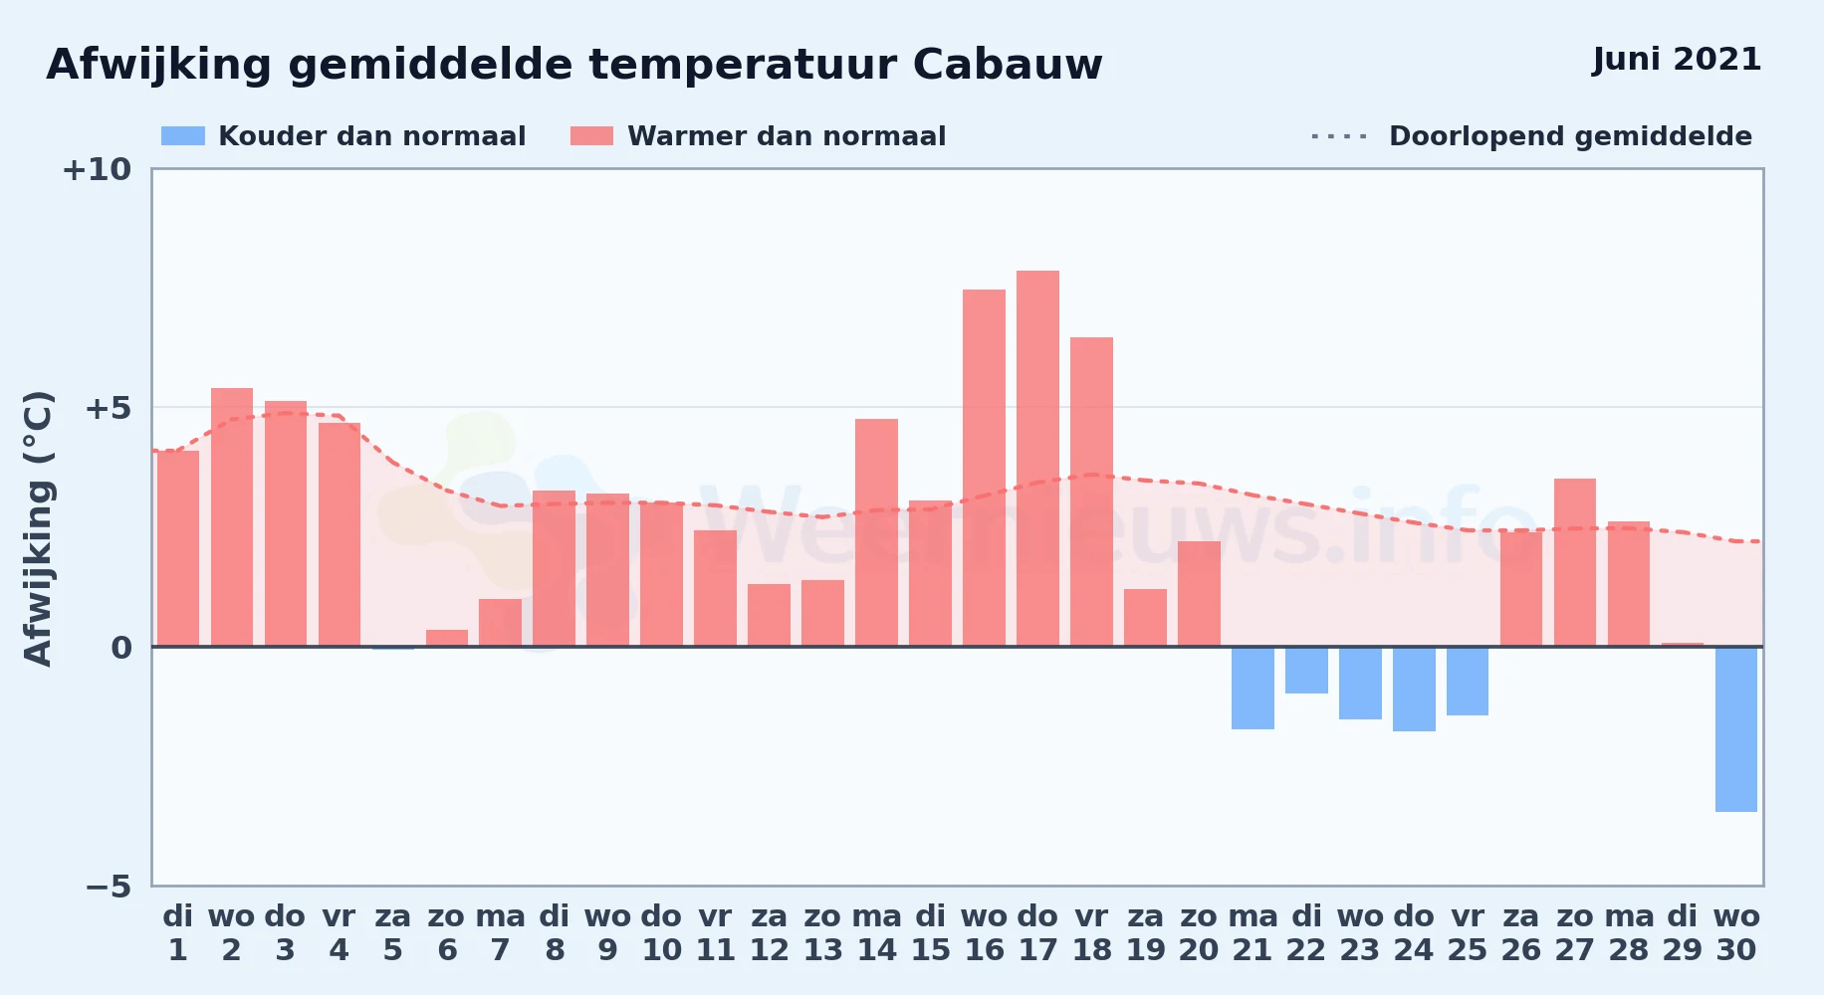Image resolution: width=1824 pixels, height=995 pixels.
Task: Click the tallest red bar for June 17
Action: pyautogui.click(x=1037, y=459)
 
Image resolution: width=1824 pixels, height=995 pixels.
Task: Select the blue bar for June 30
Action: pyautogui.click(x=1736, y=729)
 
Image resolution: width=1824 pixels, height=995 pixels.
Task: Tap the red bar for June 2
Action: pyautogui.click(x=232, y=517)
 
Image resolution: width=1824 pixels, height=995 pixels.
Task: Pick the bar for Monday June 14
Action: pyautogui.click(x=876, y=532)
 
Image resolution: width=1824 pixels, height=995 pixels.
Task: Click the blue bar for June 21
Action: pyautogui.click(x=1253, y=688)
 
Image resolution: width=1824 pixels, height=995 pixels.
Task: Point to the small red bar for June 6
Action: pyautogui.click(x=447, y=638)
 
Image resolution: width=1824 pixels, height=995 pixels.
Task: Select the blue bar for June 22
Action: pyautogui.click(x=1306, y=670)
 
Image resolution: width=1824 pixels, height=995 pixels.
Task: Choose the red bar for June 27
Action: pyautogui.click(x=1575, y=562)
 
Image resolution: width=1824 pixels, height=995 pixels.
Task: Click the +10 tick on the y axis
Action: pyautogui.click(x=97, y=169)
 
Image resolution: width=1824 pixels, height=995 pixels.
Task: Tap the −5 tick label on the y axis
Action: pyautogui.click(x=109, y=886)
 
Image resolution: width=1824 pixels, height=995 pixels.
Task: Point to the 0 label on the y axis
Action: pyautogui.click(x=121, y=648)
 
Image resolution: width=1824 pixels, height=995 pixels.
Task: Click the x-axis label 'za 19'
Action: pyautogui.click(x=1145, y=933)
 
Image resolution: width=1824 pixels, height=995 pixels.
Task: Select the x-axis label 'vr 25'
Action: pyautogui.click(x=1468, y=933)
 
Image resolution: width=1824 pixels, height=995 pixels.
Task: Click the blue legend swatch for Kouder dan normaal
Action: pyautogui.click(x=183, y=136)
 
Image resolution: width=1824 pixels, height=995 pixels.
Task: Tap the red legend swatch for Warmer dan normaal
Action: pyautogui.click(x=591, y=136)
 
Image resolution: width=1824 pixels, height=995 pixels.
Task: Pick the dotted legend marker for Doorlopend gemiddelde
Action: pyautogui.click(x=1339, y=136)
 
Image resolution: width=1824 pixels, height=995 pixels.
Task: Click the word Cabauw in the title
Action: pyautogui.click(x=1008, y=65)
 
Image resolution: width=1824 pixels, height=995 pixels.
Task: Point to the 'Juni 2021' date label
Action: pyautogui.click(x=1677, y=60)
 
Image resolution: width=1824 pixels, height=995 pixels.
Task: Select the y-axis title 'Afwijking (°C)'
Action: pyautogui.click(x=38, y=528)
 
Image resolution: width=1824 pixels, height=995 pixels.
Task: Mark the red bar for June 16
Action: pyautogui.click(x=984, y=468)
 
